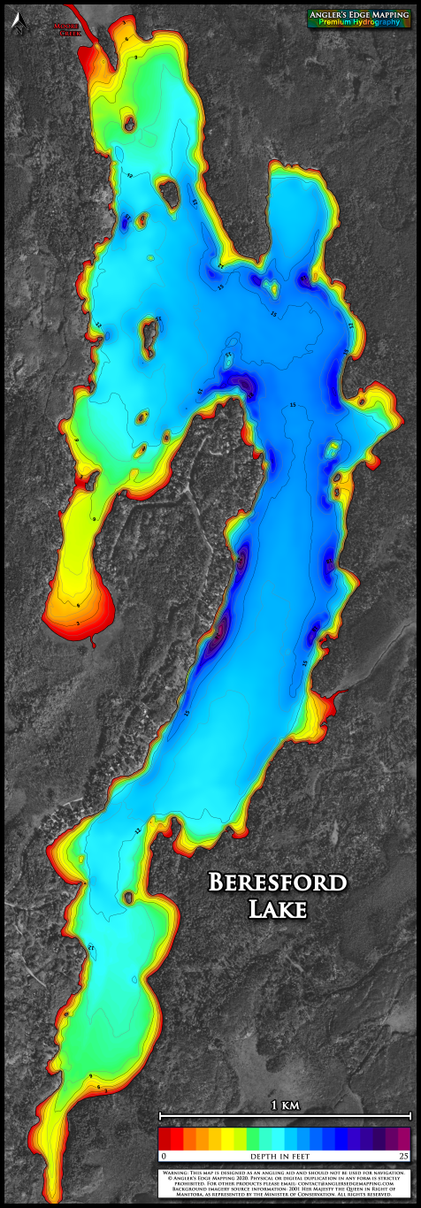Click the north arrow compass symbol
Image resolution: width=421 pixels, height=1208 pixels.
(17, 27)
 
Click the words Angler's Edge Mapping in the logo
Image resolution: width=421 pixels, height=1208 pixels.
(359, 15)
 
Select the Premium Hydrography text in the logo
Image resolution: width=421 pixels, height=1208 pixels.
(359, 24)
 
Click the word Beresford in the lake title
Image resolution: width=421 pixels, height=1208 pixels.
(277, 882)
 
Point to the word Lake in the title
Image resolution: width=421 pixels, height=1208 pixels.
(278, 908)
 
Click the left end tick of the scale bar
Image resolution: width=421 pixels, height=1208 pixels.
(159, 1114)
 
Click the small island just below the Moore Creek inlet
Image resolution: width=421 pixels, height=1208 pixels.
(129, 123)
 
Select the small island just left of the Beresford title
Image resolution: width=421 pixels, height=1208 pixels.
(128, 898)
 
